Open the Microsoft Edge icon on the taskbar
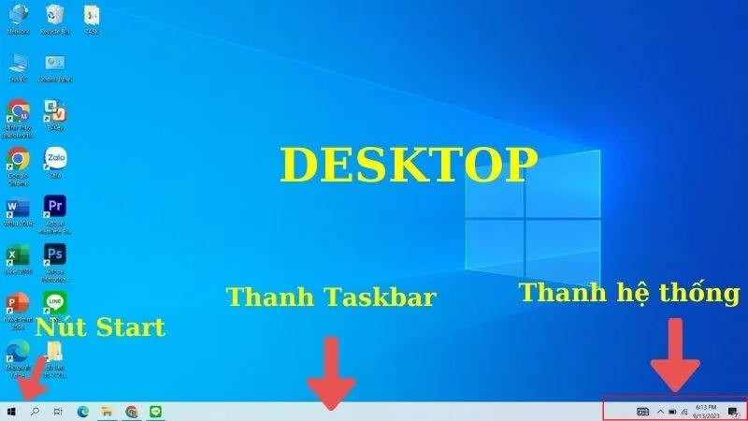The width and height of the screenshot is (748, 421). tap(82, 411)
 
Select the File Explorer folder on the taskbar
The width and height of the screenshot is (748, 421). tap(108, 411)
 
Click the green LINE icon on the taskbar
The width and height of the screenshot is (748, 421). tap(156, 411)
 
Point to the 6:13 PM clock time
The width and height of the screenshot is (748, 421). tap(706, 407)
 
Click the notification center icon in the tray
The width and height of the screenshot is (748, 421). tap(733, 412)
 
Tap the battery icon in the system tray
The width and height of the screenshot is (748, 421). tap(672, 412)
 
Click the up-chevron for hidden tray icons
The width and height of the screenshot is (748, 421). tap(660, 412)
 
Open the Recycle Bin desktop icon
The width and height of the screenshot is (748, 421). tap(54, 16)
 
